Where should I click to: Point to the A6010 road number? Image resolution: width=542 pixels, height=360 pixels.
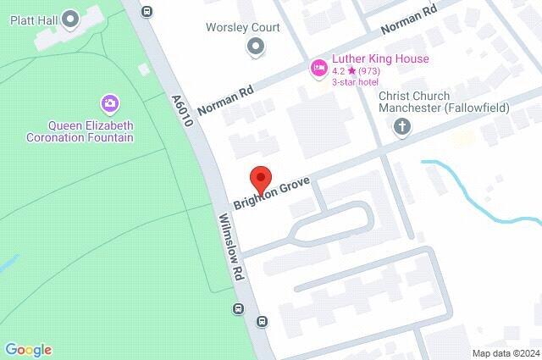coord(182,110)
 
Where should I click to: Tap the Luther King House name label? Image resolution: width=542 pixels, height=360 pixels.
coord(380,58)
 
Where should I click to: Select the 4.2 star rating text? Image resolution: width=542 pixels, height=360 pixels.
coord(356,70)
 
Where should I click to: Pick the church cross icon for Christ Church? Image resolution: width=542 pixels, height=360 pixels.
coord(402,128)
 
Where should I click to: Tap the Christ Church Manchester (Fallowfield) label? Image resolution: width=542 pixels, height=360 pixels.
coord(431,103)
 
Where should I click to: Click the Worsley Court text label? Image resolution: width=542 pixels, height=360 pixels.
coord(243,27)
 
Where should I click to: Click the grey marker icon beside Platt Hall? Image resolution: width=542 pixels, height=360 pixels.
coord(70,17)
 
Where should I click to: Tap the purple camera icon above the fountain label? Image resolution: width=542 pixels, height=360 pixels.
coord(109,104)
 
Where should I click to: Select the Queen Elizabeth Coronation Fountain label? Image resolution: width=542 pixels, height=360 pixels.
coord(80,130)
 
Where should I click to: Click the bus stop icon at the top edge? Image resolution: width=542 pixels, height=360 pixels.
coord(147,12)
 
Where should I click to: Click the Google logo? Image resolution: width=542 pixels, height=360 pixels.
coord(28,350)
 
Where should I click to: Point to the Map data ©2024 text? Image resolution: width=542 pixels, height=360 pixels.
coord(505,353)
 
